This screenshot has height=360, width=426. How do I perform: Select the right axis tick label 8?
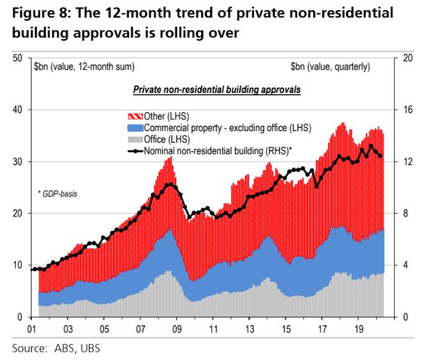[x=407, y=214]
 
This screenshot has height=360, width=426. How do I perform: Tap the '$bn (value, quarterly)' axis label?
[x=330, y=67]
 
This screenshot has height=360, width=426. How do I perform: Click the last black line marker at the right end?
[x=380, y=156]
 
